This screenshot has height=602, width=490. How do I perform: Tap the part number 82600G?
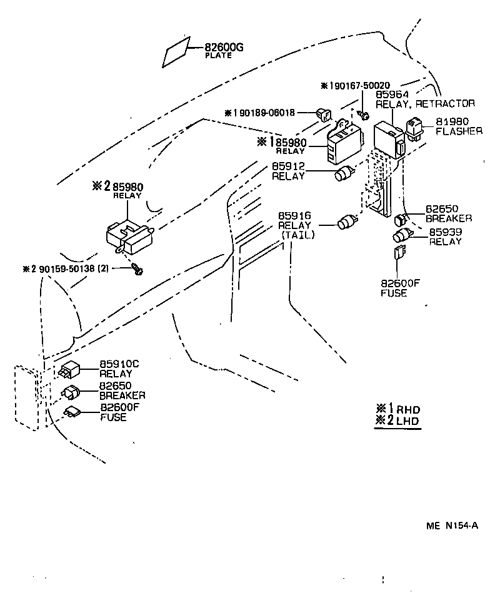click(222, 46)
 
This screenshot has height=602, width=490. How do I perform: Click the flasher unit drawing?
click(416, 128)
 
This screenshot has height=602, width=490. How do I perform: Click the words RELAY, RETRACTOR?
click(425, 103)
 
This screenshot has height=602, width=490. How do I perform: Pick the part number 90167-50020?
click(358, 86)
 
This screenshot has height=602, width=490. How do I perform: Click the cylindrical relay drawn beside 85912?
click(345, 174)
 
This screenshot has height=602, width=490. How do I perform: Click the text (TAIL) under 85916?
click(297, 235)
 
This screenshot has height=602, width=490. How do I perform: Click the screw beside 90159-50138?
click(138, 270)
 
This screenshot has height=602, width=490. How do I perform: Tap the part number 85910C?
click(120, 364)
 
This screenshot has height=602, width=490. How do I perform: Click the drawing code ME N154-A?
click(452, 525)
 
